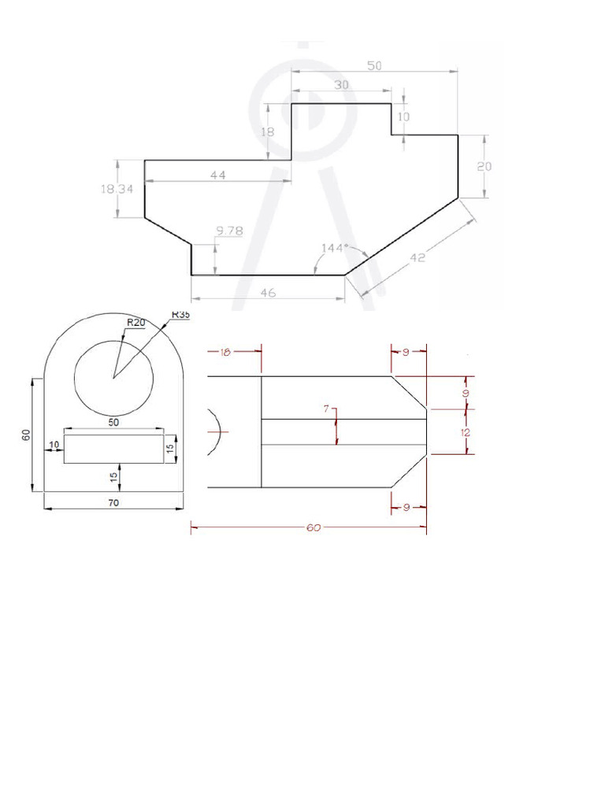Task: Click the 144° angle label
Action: click(x=333, y=248)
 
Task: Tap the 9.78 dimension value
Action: click(x=228, y=231)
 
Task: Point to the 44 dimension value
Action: click(x=218, y=176)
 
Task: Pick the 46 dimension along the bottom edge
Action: click(x=267, y=292)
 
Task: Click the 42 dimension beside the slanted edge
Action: click(x=418, y=257)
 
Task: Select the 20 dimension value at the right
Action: click(x=484, y=166)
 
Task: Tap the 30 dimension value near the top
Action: click(x=342, y=85)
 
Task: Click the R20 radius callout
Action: click(x=137, y=322)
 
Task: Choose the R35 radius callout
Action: click(x=180, y=314)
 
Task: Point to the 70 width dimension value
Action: click(x=113, y=504)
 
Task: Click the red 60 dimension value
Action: click(x=313, y=528)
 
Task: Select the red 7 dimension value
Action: click(x=326, y=409)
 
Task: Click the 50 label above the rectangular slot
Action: click(x=113, y=423)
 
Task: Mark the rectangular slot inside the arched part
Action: click(x=113, y=448)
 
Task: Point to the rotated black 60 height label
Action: click(x=25, y=434)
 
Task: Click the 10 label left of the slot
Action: click(x=54, y=446)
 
